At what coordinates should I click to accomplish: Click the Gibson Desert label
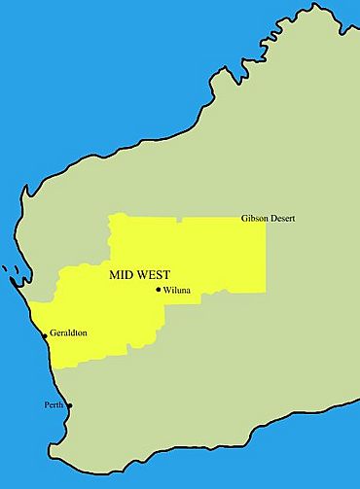click(268, 219)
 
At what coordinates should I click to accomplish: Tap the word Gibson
click(255, 219)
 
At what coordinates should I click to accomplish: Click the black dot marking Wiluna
click(159, 289)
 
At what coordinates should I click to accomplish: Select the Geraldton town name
click(68, 333)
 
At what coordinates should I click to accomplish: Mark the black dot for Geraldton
click(45, 336)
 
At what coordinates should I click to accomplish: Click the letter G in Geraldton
click(53, 333)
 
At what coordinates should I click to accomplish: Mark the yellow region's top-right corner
click(265, 218)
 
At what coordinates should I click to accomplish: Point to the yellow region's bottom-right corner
click(265, 289)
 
